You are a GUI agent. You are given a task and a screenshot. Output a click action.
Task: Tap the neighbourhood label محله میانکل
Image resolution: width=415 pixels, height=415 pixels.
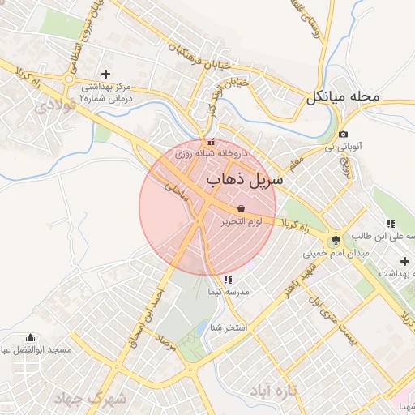(x=343, y=97)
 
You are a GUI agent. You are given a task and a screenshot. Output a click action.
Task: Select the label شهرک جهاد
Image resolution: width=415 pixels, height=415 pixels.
(x=90, y=399)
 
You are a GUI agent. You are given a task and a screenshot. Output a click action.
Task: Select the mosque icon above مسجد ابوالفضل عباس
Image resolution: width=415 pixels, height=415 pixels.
(x=31, y=338)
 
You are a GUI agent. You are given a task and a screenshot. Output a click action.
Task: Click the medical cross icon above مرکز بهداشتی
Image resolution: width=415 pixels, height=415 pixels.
(x=105, y=74)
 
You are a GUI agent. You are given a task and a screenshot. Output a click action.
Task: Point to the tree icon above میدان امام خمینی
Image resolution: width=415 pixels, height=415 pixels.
(x=335, y=240)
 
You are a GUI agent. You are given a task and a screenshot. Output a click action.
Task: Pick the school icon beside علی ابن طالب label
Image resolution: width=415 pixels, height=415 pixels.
(x=391, y=224)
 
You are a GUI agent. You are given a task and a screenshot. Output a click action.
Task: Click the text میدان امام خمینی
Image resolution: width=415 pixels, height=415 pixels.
(x=337, y=253)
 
